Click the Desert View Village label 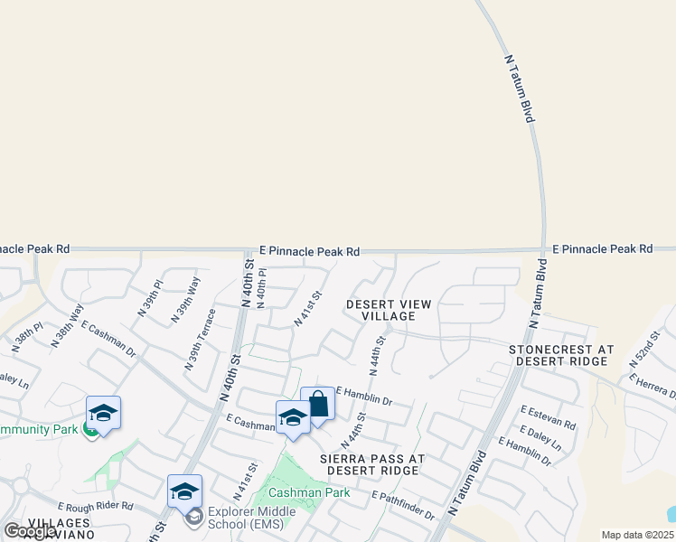coord(390,310)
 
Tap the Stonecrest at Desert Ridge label coord(560,355)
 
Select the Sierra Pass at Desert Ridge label coord(371,464)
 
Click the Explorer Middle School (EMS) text coord(251,518)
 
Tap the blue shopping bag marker coord(318,404)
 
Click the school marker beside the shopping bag coord(293,417)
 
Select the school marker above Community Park coord(103,413)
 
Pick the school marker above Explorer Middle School coord(184,491)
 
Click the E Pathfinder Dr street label coord(403,506)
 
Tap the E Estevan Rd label coord(548,416)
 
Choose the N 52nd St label coord(643,349)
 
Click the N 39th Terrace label coord(201,340)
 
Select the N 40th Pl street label coord(261,287)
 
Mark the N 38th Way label coord(69,322)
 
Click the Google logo coord(30,531)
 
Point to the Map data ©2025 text coord(637,535)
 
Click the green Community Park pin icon coord(90,429)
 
